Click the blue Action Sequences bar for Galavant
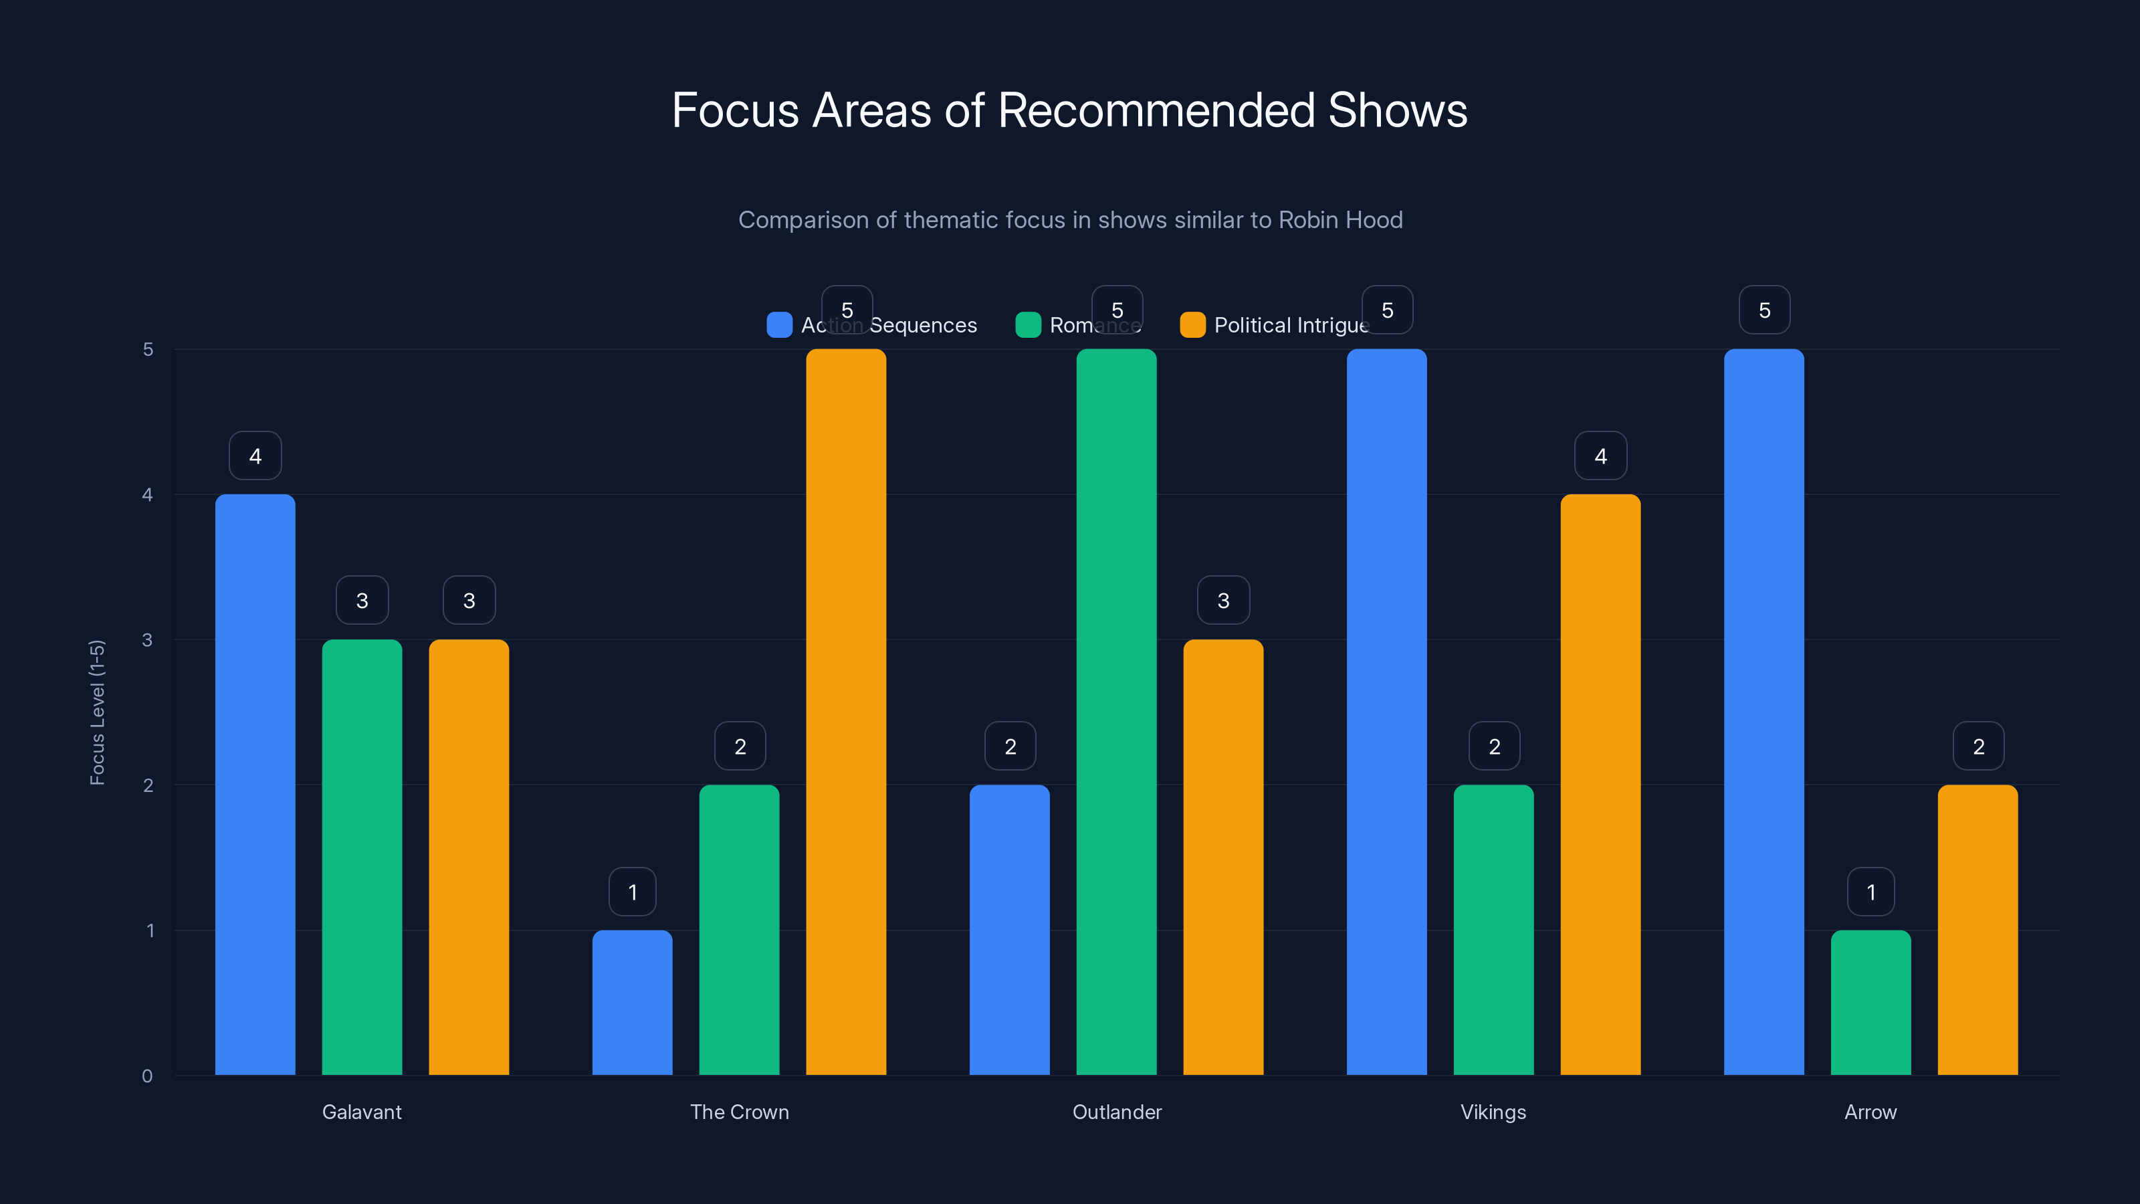255,785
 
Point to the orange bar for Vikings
1600,785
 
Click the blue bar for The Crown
632,1002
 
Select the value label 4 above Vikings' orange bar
1600,456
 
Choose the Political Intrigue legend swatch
1192,325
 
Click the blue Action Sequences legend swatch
779,325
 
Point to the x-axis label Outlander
1117,1112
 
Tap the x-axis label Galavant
361,1112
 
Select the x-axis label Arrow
1870,1112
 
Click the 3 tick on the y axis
147,640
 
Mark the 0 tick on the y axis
147,1076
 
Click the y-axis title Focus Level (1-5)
97,712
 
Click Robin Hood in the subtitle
1340,220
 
